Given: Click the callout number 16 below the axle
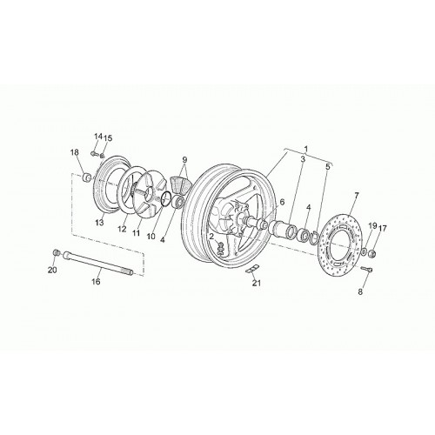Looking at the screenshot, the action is [96, 281].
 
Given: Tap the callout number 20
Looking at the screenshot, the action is [52, 270].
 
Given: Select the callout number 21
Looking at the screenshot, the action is [257, 283].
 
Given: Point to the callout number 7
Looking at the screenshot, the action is [356, 195].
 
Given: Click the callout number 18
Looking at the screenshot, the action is [75, 152].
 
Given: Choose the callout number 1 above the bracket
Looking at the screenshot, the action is [305, 149].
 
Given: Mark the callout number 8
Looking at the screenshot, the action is [360, 291].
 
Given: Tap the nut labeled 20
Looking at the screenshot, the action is [56, 252].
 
